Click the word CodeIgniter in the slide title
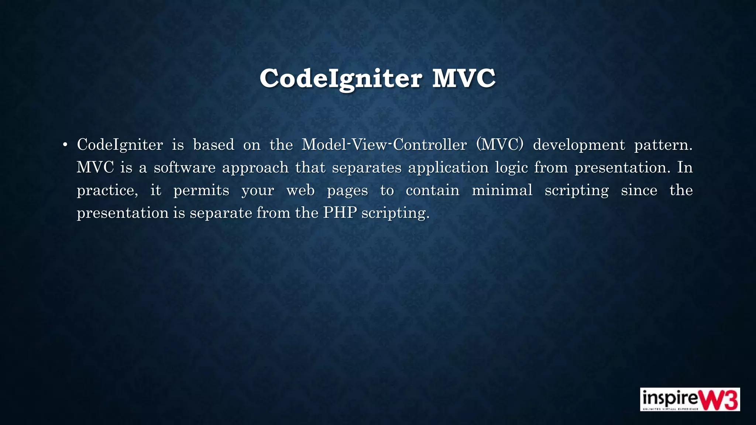pyautogui.click(x=340, y=79)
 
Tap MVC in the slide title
pyautogui.click(x=464, y=79)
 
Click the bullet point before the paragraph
pyautogui.click(x=65, y=145)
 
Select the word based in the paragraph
pyautogui.click(x=214, y=145)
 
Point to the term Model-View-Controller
pyautogui.click(x=384, y=145)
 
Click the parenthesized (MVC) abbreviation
pyautogui.click(x=500, y=145)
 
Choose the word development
pyautogui.click(x=579, y=145)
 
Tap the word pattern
pyautogui.click(x=663, y=145)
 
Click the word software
pyautogui.click(x=185, y=167)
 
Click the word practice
pyautogui.click(x=107, y=191)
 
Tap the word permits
pyautogui.click(x=201, y=191)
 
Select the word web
pyautogui.click(x=300, y=190)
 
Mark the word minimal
pyautogui.click(x=502, y=190)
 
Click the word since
pyautogui.click(x=639, y=190)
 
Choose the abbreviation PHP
pyautogui.click(x=340, y=213)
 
